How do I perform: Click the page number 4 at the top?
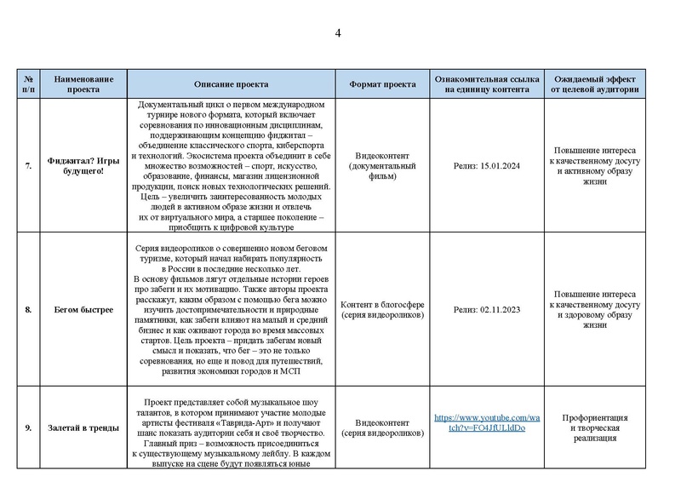pos(338,33)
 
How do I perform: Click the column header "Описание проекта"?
pos(231,84)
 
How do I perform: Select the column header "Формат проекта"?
pos(382,84)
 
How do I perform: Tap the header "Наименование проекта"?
pos(83,84)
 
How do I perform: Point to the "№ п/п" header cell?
pos(28,84)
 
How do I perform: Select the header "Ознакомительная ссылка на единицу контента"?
pos(486,84)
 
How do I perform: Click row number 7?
pos(28,166)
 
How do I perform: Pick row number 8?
pos(28,309)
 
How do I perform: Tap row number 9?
pos(28,427)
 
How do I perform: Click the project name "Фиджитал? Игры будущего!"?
pos(83,166)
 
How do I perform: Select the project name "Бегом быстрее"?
pos(83,309)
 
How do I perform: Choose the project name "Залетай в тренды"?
pos(83,427)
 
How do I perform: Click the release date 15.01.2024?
pos(486,166)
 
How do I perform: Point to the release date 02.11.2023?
pos(486,309)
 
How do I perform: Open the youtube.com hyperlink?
pos(486,422)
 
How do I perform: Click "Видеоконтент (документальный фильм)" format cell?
pos(382,166)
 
